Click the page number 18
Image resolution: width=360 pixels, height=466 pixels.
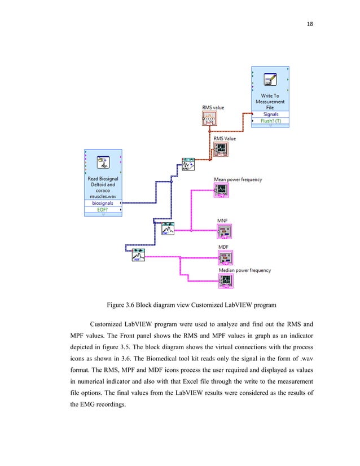point(309,24)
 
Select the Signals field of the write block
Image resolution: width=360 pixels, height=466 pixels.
point(271,115)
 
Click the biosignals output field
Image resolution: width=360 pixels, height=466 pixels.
point(102,203)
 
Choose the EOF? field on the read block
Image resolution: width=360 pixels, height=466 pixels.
point(102,209)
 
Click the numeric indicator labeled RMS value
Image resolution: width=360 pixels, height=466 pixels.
point(209,118)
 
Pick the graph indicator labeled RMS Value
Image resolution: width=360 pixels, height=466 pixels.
point(221,149)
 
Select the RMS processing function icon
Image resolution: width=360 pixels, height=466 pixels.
point(188,165)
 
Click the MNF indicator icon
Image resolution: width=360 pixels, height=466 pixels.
point(225,231)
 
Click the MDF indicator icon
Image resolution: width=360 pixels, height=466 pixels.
point(226,258)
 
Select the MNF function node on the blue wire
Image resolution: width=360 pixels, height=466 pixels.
point(167,228)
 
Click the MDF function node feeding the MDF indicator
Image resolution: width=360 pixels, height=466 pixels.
point(138,254)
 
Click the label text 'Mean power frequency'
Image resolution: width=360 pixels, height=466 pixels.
point(238,179)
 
